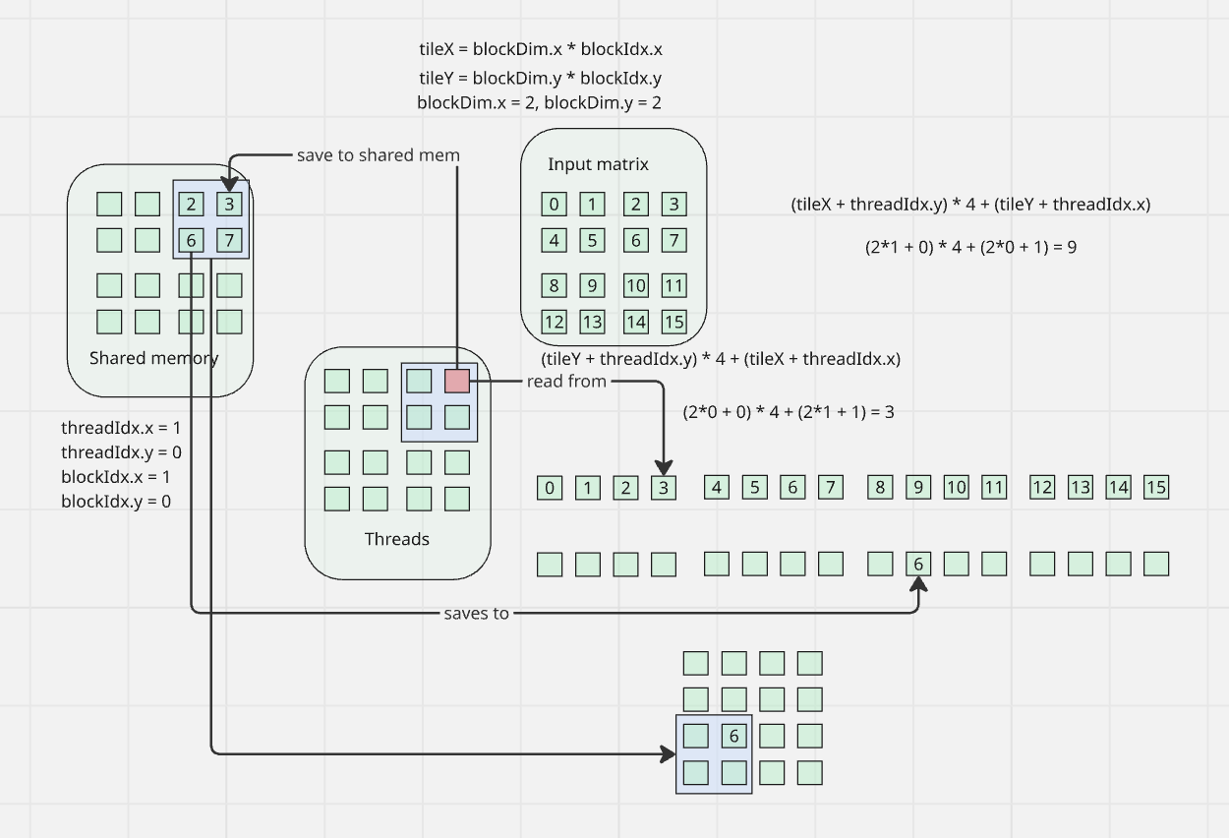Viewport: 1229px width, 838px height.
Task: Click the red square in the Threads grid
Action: pos(457,381)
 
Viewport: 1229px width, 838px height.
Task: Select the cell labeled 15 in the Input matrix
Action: pos(673,322)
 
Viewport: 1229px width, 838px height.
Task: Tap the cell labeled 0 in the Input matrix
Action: pos(555,205)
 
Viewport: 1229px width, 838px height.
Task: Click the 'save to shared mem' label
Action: pos(379,155)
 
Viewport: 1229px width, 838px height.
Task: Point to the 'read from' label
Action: pos(566,381)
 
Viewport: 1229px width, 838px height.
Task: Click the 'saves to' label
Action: pos(477,613)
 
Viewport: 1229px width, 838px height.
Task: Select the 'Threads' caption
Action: pos(397,539)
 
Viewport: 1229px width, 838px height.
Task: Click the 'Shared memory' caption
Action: pos(154,358)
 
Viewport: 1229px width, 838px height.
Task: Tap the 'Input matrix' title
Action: pos(598,164)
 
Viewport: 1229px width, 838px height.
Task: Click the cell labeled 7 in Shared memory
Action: pos(229,240)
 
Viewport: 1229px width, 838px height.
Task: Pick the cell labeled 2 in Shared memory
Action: pos(192,205)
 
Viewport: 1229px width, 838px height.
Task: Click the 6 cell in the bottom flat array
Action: pos(918,564)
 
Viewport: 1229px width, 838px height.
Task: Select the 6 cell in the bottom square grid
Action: pos(733,736)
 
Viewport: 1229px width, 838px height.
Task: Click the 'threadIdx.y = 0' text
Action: pos(122,452)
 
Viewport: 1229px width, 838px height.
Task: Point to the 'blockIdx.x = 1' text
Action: pos(116,477)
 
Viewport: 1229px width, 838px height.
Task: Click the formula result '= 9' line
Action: pos(970,247)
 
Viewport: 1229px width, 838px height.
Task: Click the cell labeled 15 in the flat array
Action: pos(1156,487)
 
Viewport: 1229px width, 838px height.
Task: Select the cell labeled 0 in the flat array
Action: pos(550,487)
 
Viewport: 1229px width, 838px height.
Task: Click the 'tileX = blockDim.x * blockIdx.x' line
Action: pos(547,49)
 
